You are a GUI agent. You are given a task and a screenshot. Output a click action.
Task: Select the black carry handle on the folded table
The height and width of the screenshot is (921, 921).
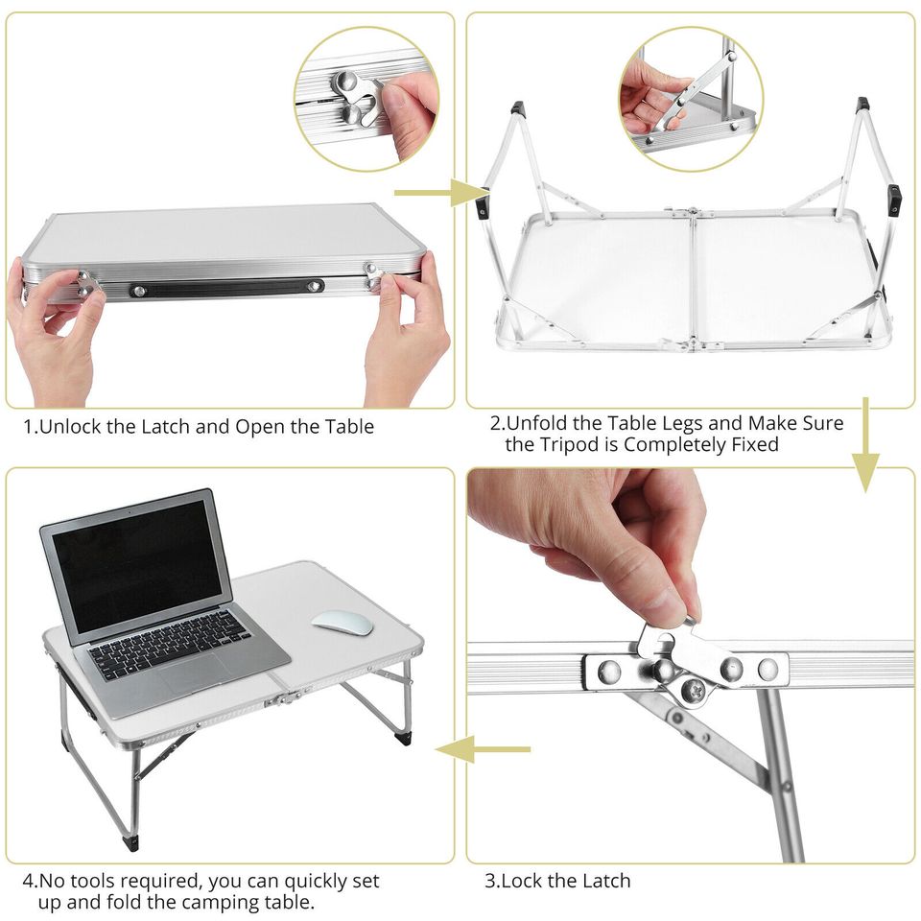(x=227, y=287)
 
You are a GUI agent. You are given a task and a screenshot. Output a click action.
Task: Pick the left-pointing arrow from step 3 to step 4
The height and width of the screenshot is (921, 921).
(x=482, y=748)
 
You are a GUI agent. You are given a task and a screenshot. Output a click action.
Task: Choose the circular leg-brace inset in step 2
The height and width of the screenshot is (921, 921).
(x=691, y=100)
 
